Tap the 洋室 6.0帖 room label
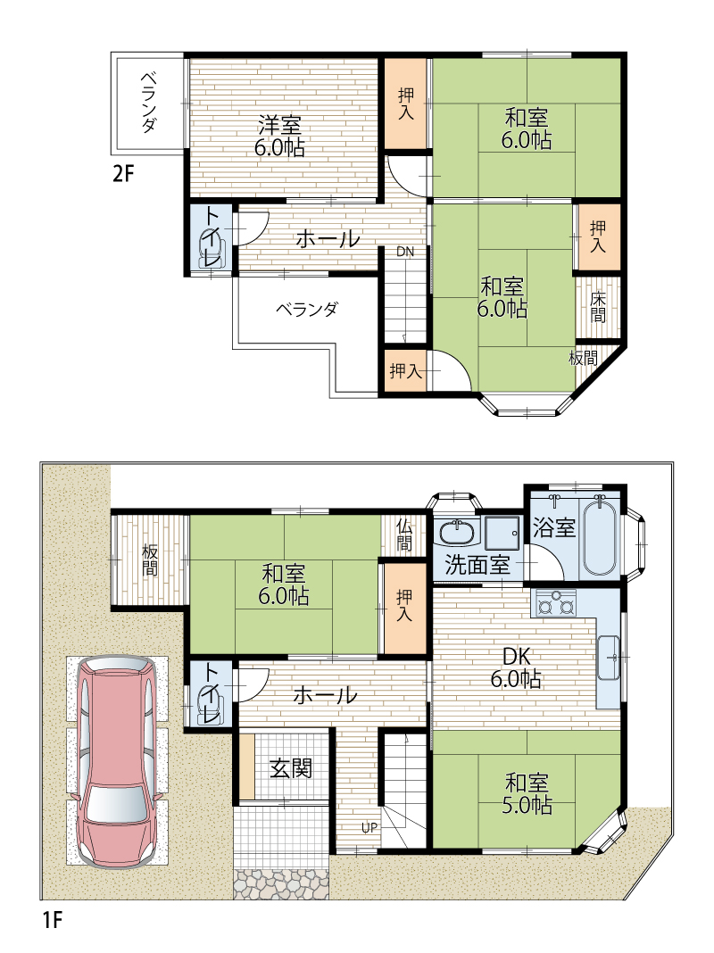click(x=279, y=137)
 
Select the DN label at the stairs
click(x=405, y=252)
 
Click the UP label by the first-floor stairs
click(x=369, y=827)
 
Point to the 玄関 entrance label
click(x=291, y=768)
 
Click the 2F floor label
click(x=123, y=174)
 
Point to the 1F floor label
click(x=54, y=920)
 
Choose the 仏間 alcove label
click(x=404, y=535)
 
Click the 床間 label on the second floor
click(x=598, y=308)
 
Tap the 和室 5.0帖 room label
click(x=527, y=793)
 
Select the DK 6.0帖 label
click(x=516, y=667)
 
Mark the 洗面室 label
click(x=477, y=565)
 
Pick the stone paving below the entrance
click(x=281, y=884)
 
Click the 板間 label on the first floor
click(x=149, y=559)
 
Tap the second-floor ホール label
click(x=328, y=239)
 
